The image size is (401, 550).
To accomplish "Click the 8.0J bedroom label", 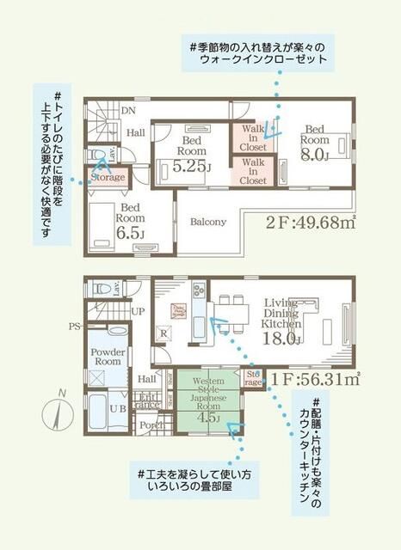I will point(315,143).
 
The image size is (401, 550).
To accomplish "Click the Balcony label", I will point(207,222).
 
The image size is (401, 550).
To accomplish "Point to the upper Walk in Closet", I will point(253,138).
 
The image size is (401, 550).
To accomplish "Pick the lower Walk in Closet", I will point(253,171).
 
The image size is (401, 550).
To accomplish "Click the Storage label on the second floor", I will point(108,178).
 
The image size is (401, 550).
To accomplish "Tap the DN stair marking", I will point(127,111).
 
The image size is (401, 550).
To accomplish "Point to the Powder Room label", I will point(109,357).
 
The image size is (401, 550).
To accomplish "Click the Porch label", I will point(152,424).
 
